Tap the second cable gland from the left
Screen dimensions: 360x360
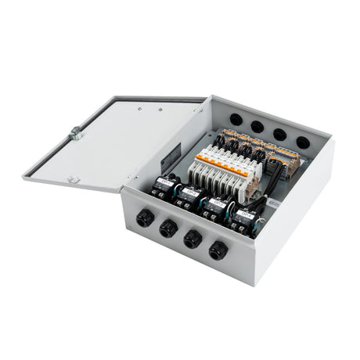click(x=168, y=229)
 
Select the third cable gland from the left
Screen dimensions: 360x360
click(x=193, y=239)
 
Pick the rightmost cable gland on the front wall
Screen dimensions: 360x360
click(x=218, y=251)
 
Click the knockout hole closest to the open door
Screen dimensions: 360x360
click(x=236, y=120)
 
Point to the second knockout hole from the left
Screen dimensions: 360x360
click(x=257, y=126)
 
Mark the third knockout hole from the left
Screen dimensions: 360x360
click(x=279, y=134)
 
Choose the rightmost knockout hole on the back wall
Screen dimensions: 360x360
click(x=302, y=142)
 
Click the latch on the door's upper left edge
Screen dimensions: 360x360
click(x=77, y=133)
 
